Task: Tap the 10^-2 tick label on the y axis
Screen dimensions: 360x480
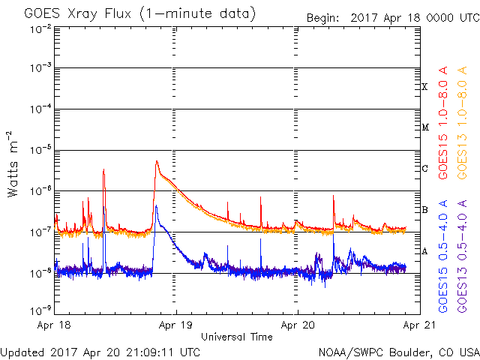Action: (40, 28)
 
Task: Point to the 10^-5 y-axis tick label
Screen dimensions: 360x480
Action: (40, 151)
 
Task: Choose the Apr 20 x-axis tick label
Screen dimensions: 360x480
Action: (298, 326)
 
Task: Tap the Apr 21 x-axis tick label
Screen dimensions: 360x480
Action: (418, 326)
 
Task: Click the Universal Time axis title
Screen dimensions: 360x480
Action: (236, 337)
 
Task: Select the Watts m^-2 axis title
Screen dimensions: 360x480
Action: (14, 163)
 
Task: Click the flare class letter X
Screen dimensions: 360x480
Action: (424, 87)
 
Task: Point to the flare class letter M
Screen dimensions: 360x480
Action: (424, 127)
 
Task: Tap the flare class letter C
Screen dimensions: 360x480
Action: (424, 169)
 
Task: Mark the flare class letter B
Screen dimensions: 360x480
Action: (424, 209)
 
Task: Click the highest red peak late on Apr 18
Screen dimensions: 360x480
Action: (156, 160)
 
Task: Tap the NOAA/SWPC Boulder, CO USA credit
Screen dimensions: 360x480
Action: (397, 352)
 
